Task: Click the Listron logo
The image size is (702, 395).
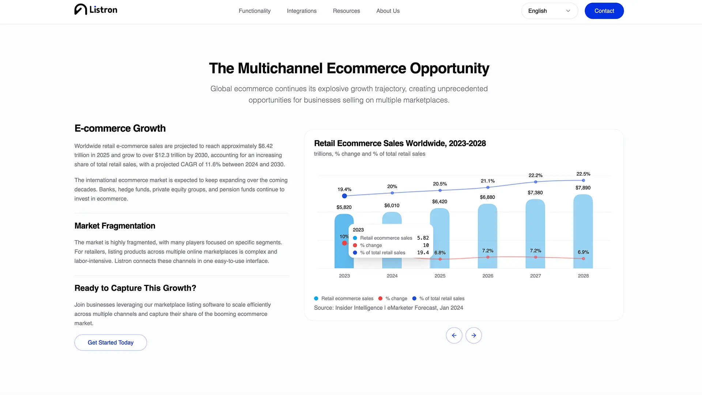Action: (96, 10)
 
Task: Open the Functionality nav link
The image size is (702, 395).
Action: (254, 11)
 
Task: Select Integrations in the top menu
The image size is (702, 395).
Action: (302, 11)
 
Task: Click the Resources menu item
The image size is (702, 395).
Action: (346, 11)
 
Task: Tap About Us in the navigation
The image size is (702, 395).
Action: (388, 11)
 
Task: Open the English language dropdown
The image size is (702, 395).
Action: (550, 11)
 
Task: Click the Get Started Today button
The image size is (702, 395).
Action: (110, 343)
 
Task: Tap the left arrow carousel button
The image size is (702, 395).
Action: (454, 335)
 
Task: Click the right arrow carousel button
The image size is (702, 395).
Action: (473, 335)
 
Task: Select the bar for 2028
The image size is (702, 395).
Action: (583, 231)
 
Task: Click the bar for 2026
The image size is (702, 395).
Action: (488, 236)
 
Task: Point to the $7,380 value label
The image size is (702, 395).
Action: (535, 193)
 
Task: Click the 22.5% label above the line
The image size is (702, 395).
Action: (583, 174)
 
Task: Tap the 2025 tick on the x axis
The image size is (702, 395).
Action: (440, 276)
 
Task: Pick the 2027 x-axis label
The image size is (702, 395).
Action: (536, 276)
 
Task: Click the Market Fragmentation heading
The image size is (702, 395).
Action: (115, 226)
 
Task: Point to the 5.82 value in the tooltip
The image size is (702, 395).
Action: (423, 238)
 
